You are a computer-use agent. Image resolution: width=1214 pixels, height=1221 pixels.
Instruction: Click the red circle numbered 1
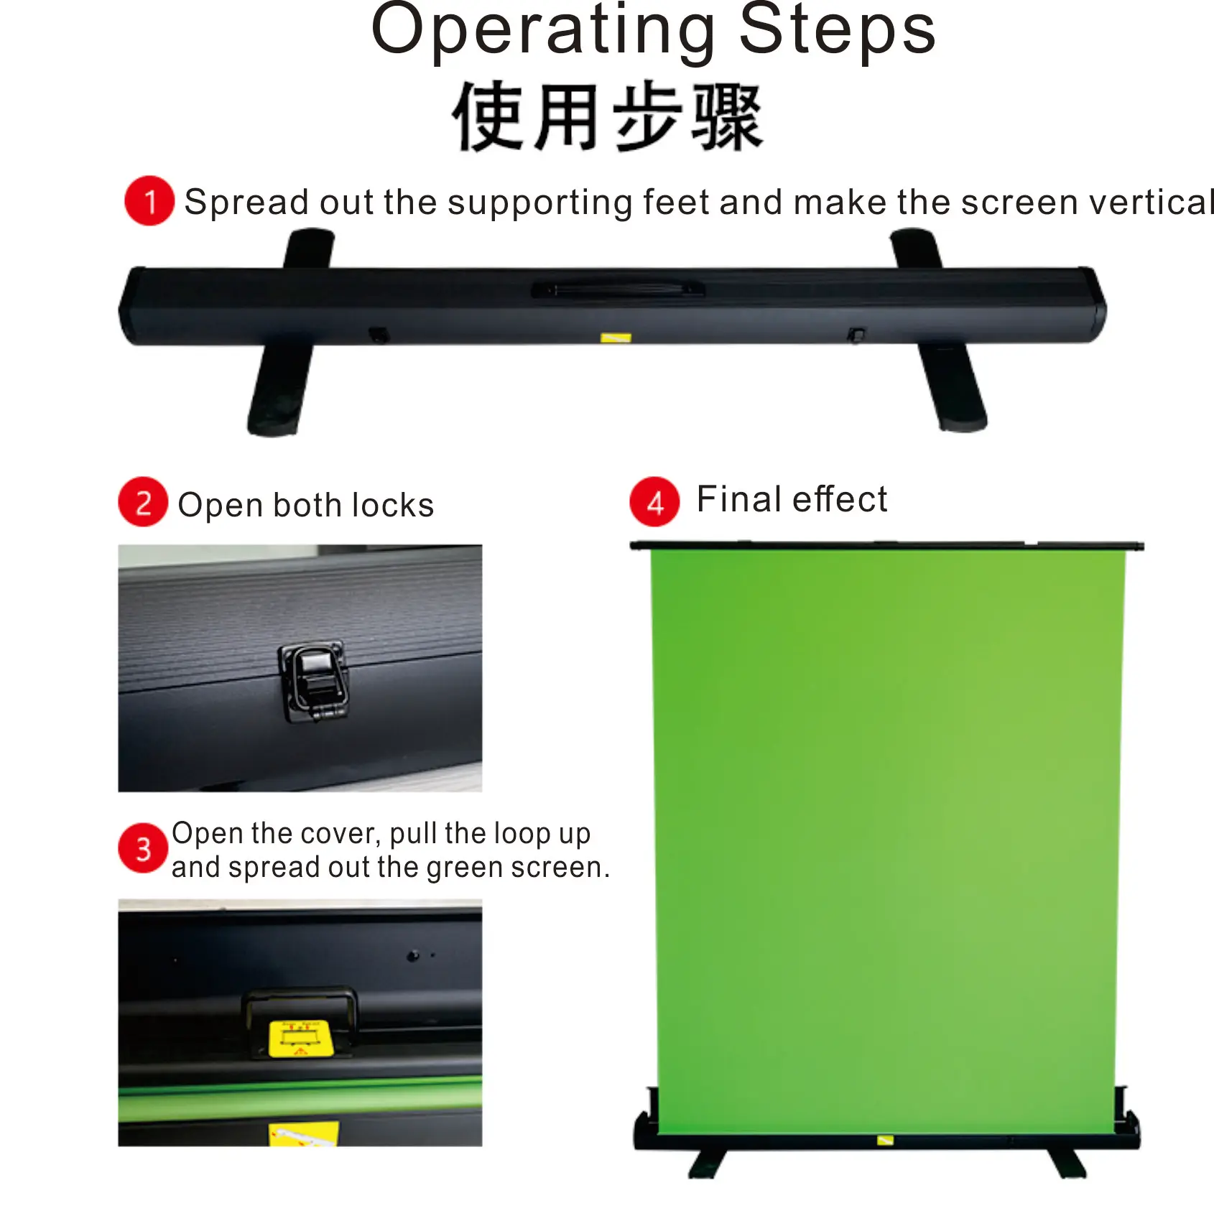coord(149,201)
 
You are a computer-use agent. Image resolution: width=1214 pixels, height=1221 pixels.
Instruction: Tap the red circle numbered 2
coord(143,502)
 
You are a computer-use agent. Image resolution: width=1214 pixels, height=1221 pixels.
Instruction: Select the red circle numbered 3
coord(143,848)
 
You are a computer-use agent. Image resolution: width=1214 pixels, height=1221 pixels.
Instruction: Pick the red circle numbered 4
coord(654,502)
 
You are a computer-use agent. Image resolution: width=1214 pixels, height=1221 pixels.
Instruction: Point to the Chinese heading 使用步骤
coord(607,117)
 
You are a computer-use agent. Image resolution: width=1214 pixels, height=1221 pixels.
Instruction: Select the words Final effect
coord(792,499)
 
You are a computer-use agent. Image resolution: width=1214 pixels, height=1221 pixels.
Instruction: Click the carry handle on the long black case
coord(618,289)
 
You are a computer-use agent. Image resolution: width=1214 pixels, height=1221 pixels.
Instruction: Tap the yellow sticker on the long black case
coord(616,338)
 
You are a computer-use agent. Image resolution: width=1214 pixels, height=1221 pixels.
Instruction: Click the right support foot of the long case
coord(952,388)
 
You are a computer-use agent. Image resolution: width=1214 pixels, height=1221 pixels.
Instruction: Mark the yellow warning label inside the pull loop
coord(300,1039)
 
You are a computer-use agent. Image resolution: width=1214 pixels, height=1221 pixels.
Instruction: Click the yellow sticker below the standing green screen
coord(885,1140)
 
